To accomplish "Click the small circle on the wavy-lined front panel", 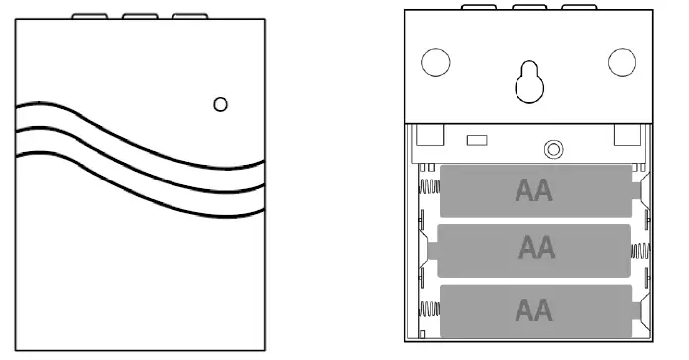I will click(x=221, y=104).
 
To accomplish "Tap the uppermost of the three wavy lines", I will click(x=139, y=134).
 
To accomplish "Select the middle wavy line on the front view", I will click(x=139, y=159).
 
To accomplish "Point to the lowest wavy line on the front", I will click(x=139, y=182).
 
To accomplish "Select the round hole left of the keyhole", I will click(x=435, y=62).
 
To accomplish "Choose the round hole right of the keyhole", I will click(x=622, y=61).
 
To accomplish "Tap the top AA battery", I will click(x=534, y=189).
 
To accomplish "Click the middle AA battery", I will click(x=534, y=248).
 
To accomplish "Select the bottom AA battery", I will click(x=534, y=309).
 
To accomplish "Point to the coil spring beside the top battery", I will click(x=428, y=188).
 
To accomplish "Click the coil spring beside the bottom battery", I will click(x=428, y=309).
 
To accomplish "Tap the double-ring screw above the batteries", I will click(x=553, y=149).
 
